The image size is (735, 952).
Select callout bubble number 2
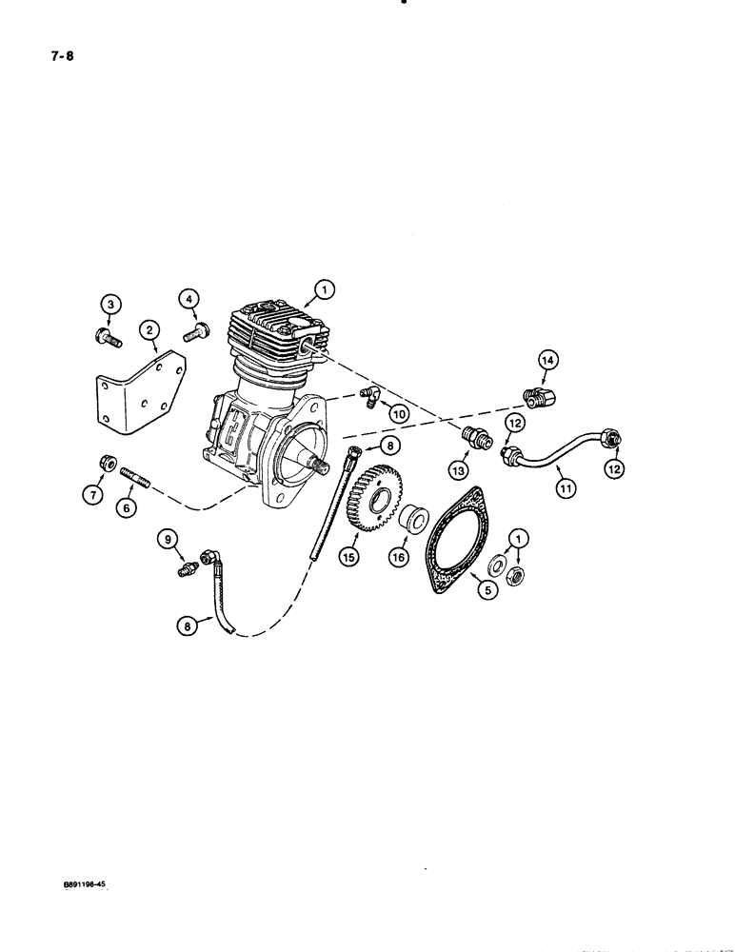[x=149, y=330]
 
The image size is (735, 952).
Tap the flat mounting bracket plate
[x=143, y=390]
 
